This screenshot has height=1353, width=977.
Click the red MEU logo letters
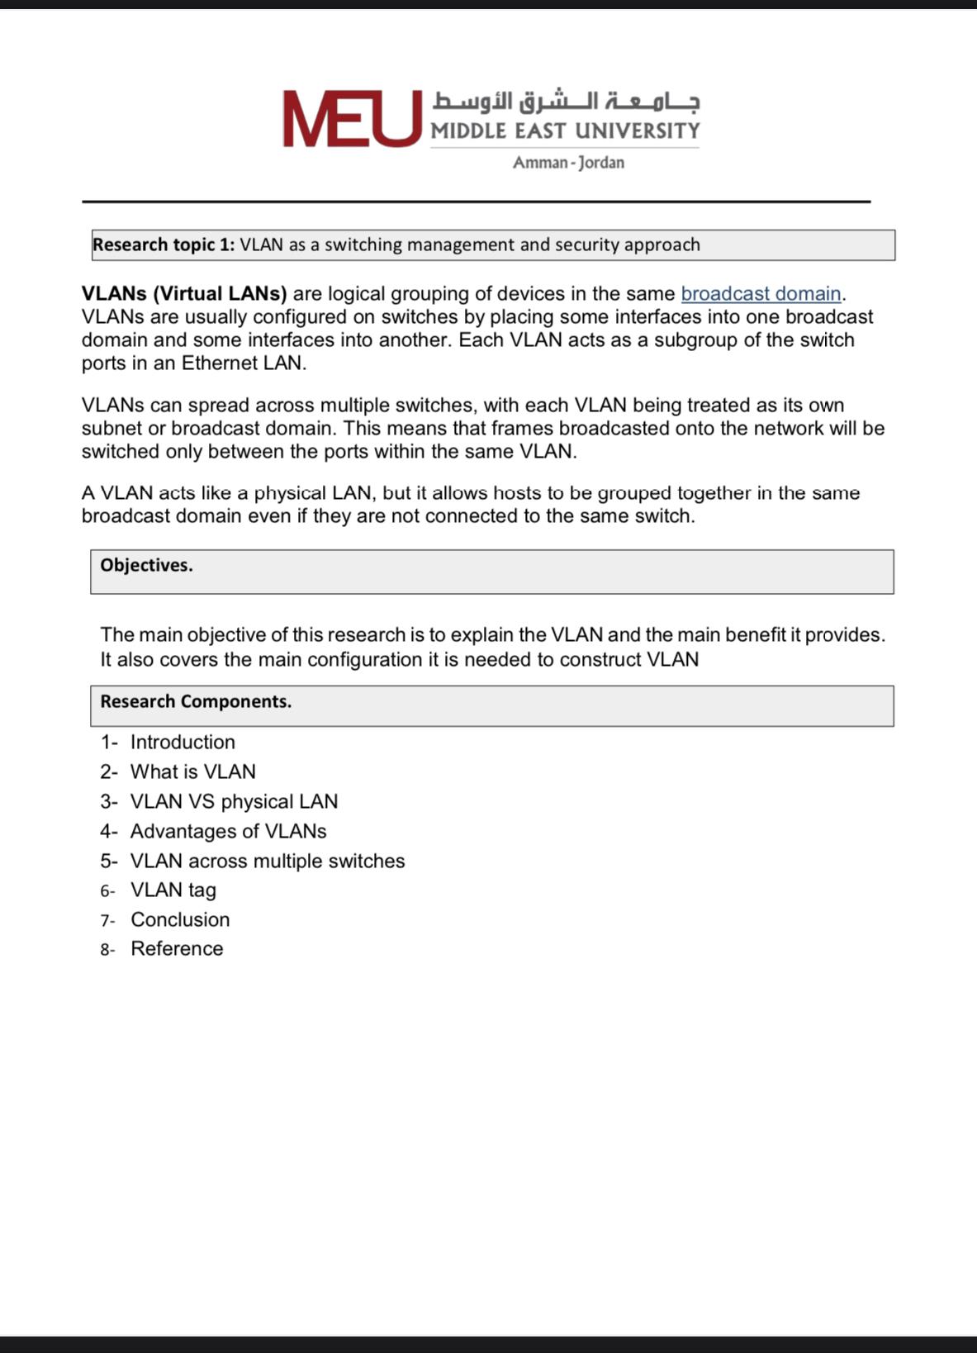pyautogui.click(x=351, y=120)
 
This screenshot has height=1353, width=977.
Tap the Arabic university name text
pyautogui.click(x=566, y=102)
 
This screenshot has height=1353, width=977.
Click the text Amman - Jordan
pyautogui.click(x=568, y=163)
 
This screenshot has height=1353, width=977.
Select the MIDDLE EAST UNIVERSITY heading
pyautogui.click(x=565, y=131)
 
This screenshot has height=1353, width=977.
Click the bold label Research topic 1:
pyautogui.click(x=164, y=245)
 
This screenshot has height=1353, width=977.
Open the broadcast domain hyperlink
pyautogui.click(x=761, y=294)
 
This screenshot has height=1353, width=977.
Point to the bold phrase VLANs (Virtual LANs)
pyautogui.click(x=184, y=294)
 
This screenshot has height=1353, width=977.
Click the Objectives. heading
pyautogui.click(x=146, y=566)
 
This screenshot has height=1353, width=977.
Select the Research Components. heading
pyautogui.click(x=196, y=702)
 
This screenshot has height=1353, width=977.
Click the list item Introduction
pyautogui.click(x=183, y=743)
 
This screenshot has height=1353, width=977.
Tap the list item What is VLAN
pyautogui.click(x=193, y=772)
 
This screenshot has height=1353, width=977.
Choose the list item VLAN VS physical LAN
pyautogui.click(x=234, y=802)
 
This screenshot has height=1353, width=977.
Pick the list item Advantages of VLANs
pyautogui.click(x=228, y=832)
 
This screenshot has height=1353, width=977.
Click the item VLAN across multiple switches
pyautogui.click(x=268, y=862)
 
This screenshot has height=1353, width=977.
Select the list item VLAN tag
pyautogui.click(x=173, y=890)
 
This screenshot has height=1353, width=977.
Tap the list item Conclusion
pyautogui.click(x=180, y=920)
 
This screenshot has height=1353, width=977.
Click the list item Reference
pyautogui.click(x=177, y=949)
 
